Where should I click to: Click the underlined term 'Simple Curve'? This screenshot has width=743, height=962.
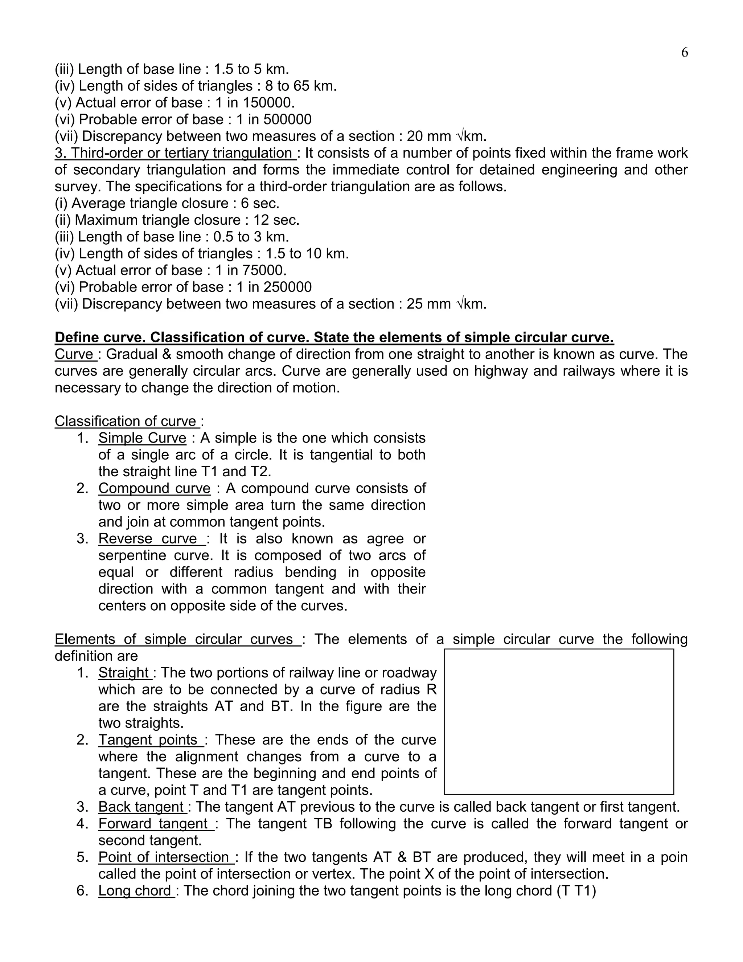click(x=142, y=438)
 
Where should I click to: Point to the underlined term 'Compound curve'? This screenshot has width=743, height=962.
click(x=155, y=489)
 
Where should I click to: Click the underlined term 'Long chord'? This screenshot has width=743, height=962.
click(x=136, y=890)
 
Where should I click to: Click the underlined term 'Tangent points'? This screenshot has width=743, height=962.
click(x=150, y=740)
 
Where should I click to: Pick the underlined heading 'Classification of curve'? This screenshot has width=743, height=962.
click(x=127, y=421)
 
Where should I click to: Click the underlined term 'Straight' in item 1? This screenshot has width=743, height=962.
click(x=124, y=673)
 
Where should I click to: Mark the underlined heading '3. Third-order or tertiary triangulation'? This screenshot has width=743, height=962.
click(x=175, y=153)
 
